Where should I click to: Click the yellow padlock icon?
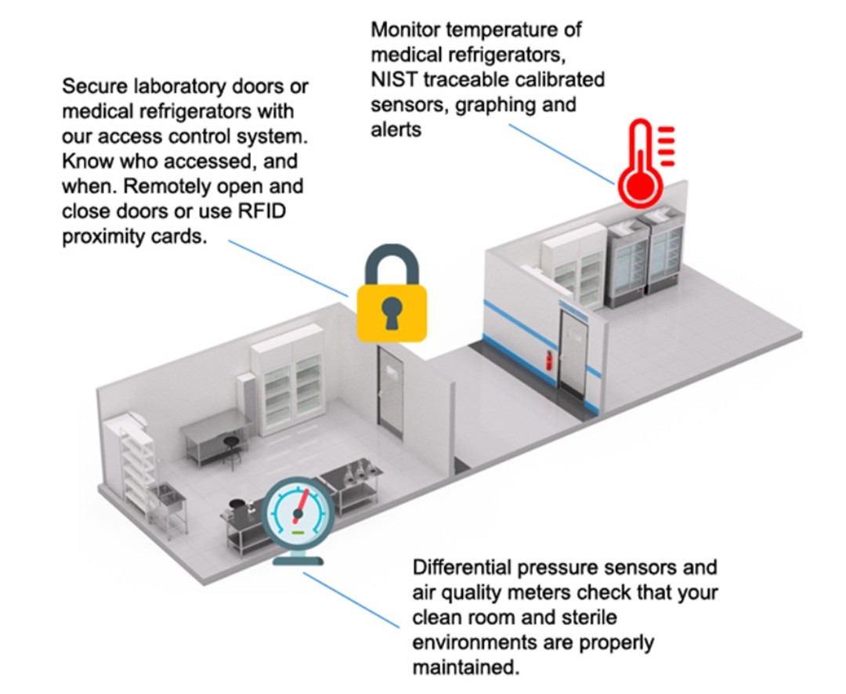click(x=392, y=309)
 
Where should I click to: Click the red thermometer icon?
click(x=640, y=164)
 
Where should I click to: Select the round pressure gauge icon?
click(x=298, y=514)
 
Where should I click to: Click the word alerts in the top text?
click(x=396, y=129)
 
